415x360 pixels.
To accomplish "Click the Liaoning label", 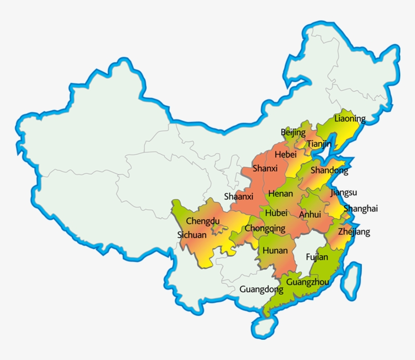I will coord(350,119).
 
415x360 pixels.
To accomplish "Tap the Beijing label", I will coord(294,133).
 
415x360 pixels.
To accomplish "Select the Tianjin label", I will coord(319,144).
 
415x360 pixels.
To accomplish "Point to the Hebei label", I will coord(285,154).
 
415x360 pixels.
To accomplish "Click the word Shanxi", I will coord(265,168).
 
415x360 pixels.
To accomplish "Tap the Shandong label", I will coord(329,171).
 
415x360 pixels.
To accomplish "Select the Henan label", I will coord(280,193).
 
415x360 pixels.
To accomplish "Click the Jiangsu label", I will coord(344,192).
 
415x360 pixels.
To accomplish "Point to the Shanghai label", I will coord(361,209).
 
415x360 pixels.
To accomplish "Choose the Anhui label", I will coord(310,215).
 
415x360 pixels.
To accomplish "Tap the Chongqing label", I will coord(265,228).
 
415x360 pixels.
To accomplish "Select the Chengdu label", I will coord(203,221).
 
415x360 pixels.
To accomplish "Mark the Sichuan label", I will coord(192,235).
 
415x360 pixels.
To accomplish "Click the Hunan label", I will coord(275,251).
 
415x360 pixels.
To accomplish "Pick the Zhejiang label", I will coord(354,232).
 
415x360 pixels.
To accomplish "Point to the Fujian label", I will coord(317,257).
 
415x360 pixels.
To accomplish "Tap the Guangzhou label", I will coord(304,282).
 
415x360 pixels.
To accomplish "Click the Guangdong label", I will coord(261,290).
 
